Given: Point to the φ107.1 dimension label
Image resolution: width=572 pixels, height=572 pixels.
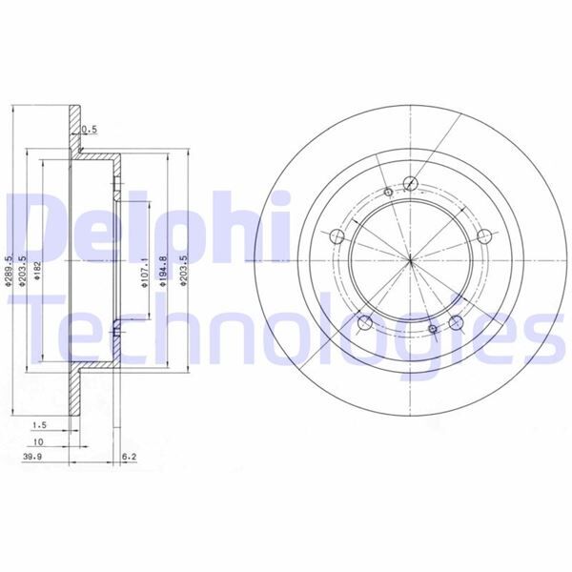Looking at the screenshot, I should pyautogui.click(x=145, y=270).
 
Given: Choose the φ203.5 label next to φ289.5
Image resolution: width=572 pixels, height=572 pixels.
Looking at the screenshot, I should pyautogui.click(x=23, y=270).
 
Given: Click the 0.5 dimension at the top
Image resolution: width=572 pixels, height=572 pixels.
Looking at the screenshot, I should pyautogui.click(x=90, y=129).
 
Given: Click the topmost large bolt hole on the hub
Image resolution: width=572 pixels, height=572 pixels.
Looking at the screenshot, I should pyautogui.click(x=410, y=185).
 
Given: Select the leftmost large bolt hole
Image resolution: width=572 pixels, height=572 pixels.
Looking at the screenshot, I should pyautogui.click(x=337, y=237).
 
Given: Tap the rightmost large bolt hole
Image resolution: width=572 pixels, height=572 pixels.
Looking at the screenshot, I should pyautogui.click(x=484, y=237).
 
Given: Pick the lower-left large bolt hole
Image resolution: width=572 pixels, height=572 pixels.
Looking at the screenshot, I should pyautogui.click(x=363, y=322).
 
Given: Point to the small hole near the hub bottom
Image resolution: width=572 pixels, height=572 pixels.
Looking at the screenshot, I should pyautogui.click(x=433, y=330).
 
